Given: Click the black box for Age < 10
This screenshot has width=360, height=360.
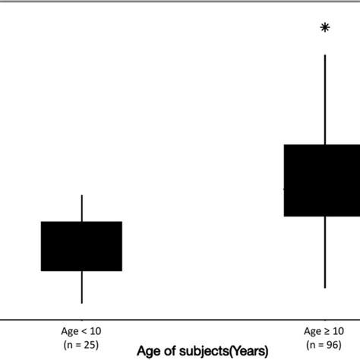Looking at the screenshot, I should (81, 246).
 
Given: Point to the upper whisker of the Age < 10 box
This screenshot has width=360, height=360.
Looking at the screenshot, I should (81, 208).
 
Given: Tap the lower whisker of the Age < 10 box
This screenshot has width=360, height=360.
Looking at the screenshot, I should (81, 287).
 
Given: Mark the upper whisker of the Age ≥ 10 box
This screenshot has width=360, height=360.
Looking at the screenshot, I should (325, 99).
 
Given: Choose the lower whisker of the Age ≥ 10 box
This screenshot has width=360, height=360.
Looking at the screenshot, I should (325, 252).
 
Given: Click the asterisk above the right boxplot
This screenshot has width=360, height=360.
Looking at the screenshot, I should (325, 28).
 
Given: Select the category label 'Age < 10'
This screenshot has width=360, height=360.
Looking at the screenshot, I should (81, 331).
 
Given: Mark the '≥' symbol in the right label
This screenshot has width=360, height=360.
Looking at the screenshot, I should (324, 331).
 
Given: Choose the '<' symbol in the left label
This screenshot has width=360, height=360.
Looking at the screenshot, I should (83, 331).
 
